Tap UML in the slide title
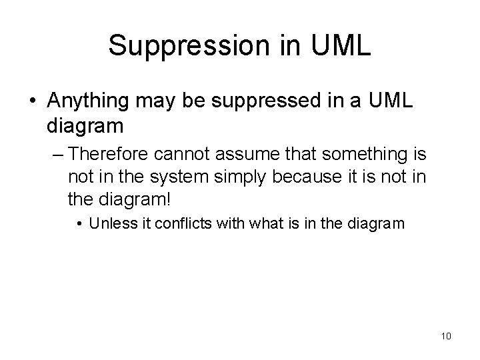[x=339, y=45]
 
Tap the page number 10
[x=446, y=335]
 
